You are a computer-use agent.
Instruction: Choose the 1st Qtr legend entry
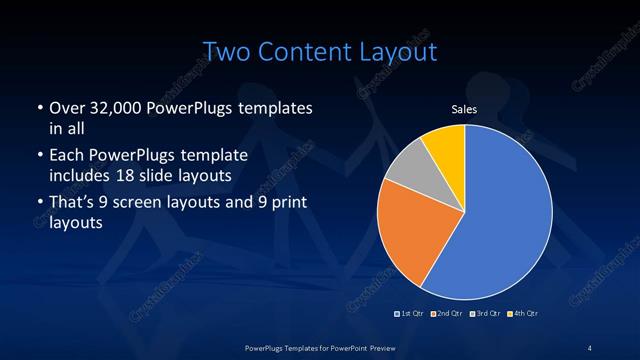coord(410,314)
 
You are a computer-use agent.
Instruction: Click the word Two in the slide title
coord(227,51)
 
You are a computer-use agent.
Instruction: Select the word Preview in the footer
coord(393,347)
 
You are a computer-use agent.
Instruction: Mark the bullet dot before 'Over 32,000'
coord(38,108)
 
